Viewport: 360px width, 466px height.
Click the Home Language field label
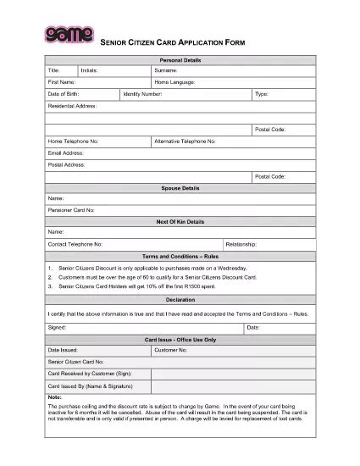174,82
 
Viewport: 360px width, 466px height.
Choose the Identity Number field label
142,94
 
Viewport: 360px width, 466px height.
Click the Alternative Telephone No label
185,141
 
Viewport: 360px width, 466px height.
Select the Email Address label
66,153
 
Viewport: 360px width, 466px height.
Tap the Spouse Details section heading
179,187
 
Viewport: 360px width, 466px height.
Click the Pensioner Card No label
71,209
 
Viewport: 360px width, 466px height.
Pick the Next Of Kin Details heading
179,220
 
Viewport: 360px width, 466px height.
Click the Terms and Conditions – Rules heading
179,255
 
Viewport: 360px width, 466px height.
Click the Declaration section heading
179,299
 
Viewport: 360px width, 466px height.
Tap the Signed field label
57,326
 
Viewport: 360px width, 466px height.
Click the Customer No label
170,349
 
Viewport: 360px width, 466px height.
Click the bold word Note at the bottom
55,397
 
